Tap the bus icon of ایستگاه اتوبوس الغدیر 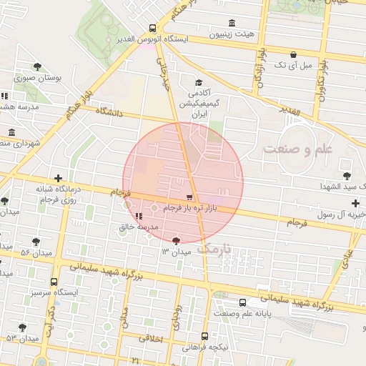pos(151,28)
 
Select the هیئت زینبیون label pos(230,34)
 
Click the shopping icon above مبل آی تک pos(294,54)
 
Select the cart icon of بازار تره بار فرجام pos(189,197)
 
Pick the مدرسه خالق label pos(142,227)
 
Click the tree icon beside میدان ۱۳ pos(176,241)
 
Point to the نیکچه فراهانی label pos(206,347)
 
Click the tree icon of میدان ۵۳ pos(23,327)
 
